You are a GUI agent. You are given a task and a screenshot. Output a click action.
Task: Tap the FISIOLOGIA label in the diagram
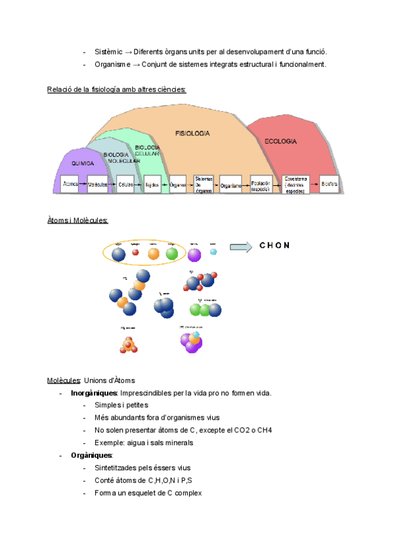[192, 133]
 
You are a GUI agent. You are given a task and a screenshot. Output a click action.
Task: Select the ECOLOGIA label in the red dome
[280, 142]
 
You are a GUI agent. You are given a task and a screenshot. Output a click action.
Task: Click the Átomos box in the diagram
[70, 185]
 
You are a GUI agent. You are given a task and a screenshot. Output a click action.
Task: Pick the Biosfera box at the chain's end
[330, 185]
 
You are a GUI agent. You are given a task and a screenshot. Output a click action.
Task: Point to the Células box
[126, 185]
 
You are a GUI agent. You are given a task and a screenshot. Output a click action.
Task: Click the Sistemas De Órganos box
[204, 185]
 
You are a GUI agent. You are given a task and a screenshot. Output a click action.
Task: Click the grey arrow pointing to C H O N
[240, 247]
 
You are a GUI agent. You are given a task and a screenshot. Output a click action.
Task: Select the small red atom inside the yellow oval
[136, 252]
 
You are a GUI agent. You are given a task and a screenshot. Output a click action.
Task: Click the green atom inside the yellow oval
[172, 253]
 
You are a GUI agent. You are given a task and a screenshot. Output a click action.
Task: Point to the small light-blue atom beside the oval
[213, 252]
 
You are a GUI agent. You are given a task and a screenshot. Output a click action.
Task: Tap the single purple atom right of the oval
[194, 254]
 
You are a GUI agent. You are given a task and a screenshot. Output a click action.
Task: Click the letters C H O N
[274, 246]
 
